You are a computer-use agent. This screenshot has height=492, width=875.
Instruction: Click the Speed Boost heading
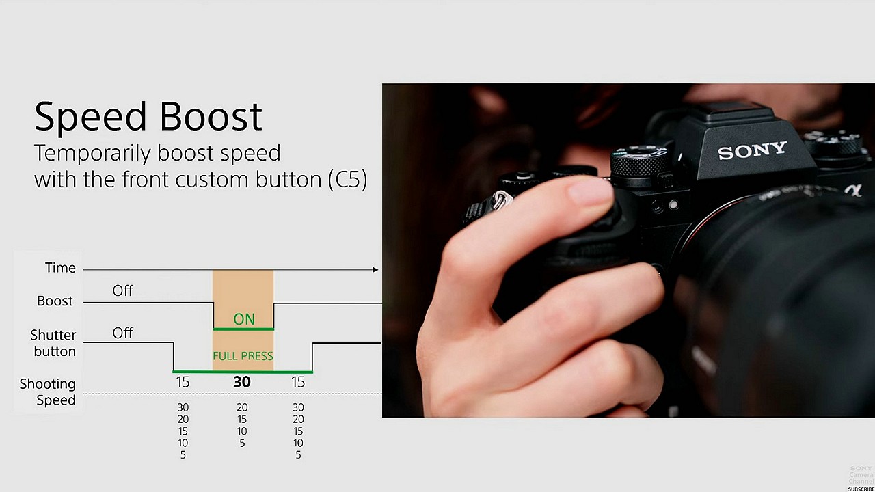148,117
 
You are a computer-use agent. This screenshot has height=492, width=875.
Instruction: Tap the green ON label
244,319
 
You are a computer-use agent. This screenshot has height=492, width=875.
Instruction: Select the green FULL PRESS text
243,356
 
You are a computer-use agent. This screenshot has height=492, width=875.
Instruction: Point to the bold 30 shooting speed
242,381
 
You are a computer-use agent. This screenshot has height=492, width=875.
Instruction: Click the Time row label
60,267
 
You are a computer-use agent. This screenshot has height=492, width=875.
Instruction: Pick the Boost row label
55,301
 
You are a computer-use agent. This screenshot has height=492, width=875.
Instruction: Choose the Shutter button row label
53,343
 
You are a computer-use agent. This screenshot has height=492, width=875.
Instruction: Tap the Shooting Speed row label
48,392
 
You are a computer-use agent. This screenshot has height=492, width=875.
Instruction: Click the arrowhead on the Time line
375,269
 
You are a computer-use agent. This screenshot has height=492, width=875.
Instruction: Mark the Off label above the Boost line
122,290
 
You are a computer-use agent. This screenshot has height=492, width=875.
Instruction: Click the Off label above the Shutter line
122,333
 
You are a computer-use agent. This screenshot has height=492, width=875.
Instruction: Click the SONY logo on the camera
752,150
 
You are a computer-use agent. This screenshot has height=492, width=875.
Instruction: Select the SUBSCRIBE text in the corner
861,489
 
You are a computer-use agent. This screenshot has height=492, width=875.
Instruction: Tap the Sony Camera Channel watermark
861,475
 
